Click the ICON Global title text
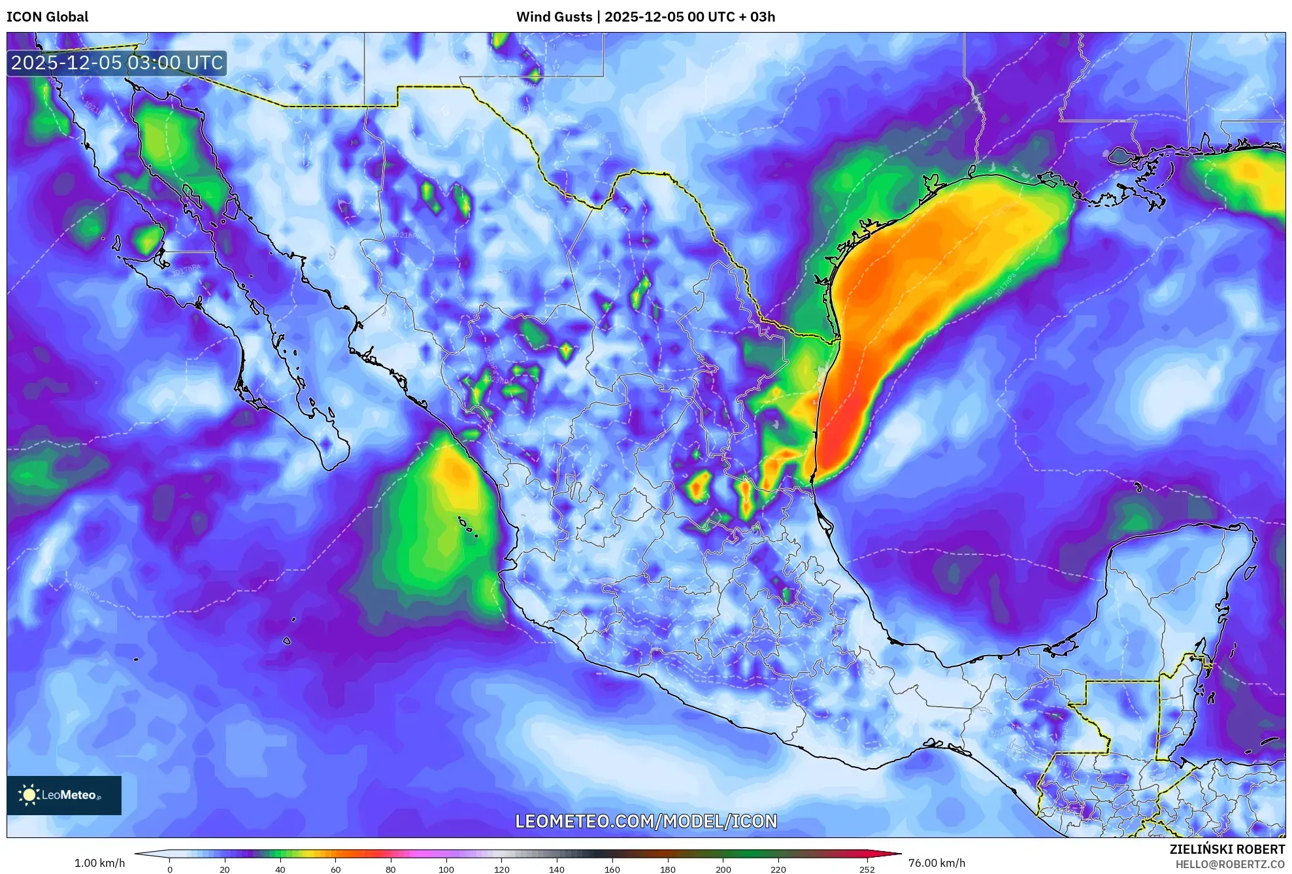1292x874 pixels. (47, 17)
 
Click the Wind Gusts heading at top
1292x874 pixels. (645, 17)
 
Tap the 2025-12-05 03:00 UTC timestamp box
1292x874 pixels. (117, 63)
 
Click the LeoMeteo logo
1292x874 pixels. (64, 795)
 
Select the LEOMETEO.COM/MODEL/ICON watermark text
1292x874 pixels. (646, 821)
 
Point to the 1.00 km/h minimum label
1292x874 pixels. (99, 863)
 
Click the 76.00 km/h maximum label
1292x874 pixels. (936, 863)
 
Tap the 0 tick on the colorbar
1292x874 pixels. (170, 869)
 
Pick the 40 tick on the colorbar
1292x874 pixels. (280, 869)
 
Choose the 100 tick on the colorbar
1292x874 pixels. (446, 869)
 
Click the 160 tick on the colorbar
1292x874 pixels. (612, 869)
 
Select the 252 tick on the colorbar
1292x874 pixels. (867, 869)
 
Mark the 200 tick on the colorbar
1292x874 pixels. (723, 869)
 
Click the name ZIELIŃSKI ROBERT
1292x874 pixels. (1227, 849)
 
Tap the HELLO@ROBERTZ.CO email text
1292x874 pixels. (1230, 864)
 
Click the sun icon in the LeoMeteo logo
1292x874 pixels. (29, 795)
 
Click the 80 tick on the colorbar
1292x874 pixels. (391, 869)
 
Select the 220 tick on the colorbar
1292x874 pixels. (778, 869)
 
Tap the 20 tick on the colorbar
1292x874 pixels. (225, 869)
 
